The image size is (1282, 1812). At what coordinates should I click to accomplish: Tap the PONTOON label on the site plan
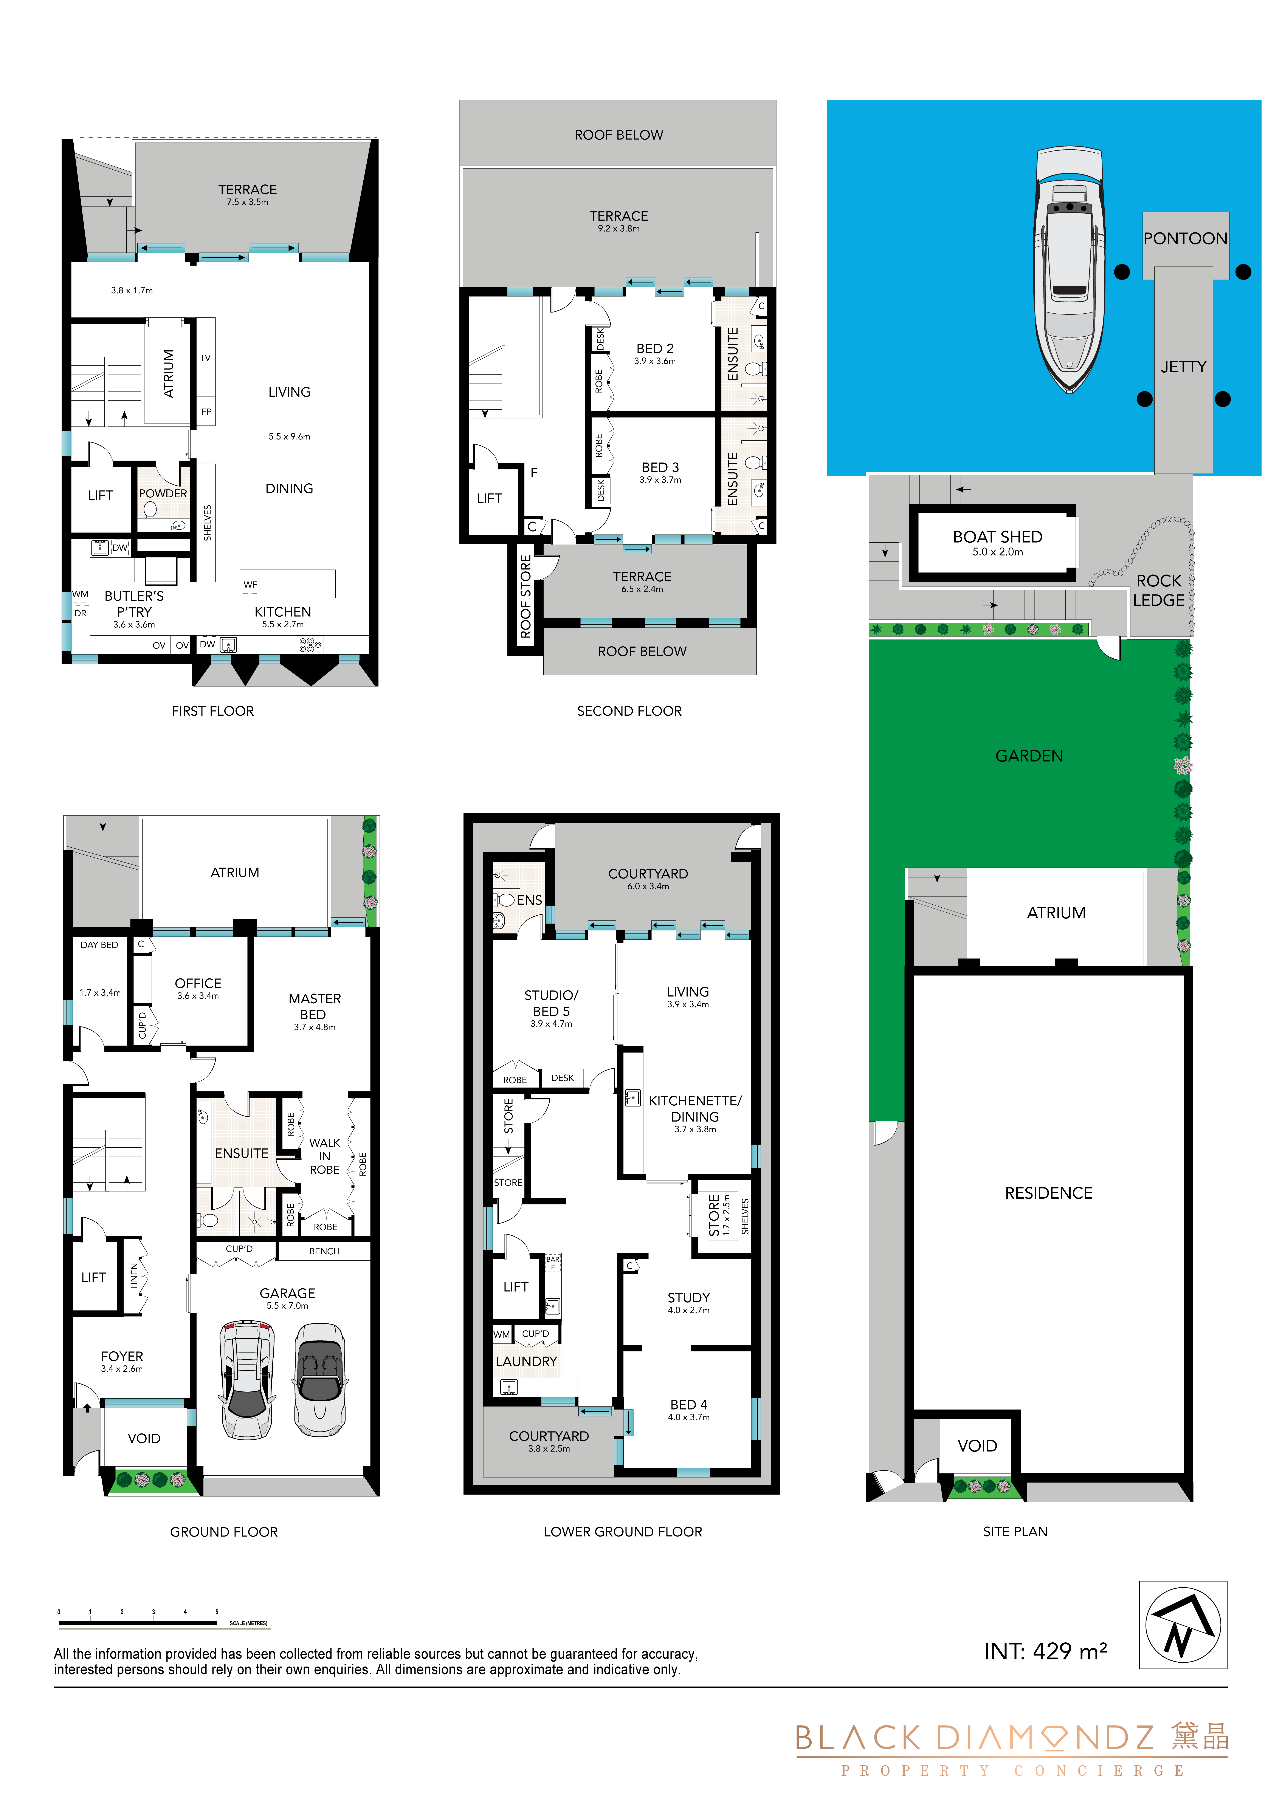[1185, 238]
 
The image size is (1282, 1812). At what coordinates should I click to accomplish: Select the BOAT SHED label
[998, 537]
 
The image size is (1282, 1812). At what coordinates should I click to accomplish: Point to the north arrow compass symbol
[1183, 1624]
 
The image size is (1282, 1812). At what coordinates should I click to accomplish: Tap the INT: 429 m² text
[1045, 1651]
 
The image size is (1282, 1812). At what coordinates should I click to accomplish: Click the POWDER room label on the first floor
[163, 493]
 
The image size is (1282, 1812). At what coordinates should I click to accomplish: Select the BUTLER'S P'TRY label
[134, 604]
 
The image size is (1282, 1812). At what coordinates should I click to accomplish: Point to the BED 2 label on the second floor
[655, 348]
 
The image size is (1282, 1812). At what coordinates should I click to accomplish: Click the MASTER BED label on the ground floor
[314, 1006]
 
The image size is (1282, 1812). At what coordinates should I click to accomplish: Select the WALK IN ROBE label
[324, 1156]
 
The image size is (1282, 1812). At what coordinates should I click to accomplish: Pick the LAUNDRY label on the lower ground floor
[527, 1361]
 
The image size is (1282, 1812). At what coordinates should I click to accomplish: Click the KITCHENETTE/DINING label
[696, 1108]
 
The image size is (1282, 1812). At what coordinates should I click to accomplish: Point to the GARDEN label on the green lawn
[1029, 756]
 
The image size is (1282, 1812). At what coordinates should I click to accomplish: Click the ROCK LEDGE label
[1159, 590]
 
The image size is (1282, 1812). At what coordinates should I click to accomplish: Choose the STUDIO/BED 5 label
[551, 1003]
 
